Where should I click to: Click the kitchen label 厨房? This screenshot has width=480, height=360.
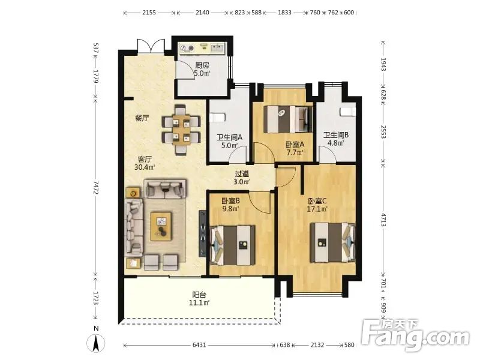pyautogui.click(x=202, y=65)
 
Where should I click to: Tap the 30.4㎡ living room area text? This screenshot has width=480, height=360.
pyautogui.click(x=145, y=167)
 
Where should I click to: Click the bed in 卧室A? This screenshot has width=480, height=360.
pyautogui.click(x=288, y=119)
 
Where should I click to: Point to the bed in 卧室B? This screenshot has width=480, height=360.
pyautogui.click(x=233, y=245)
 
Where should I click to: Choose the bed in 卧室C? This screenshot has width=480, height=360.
pyautogui.click(x=333, y=242)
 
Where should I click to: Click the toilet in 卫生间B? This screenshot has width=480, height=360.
pyautogui.click(x=349, y=112)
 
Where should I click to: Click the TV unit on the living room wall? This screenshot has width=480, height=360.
pyautogui.click(x=203, y=233)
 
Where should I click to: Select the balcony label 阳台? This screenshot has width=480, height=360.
pyautogui.click(x=199, y=295)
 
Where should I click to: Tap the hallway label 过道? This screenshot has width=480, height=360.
pyautogui.click(x=242, y=174)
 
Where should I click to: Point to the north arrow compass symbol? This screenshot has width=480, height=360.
pyautogui.click(x=96, y=344)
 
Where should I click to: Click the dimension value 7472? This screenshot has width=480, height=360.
pyautogui.click(x=96, y=187)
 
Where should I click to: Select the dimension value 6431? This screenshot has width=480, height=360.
pyautogui.click(x=199, y=345)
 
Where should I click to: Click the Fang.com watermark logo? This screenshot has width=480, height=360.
pyautogui.click(x=415, y=335)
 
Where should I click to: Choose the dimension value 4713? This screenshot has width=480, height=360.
pyautogui.click(x=383, y=221)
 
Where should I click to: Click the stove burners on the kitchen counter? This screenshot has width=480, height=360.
pyautogui.click(x=187, y=49)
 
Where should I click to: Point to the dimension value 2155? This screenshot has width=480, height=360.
pyautogui.click(x=149, y=13)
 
